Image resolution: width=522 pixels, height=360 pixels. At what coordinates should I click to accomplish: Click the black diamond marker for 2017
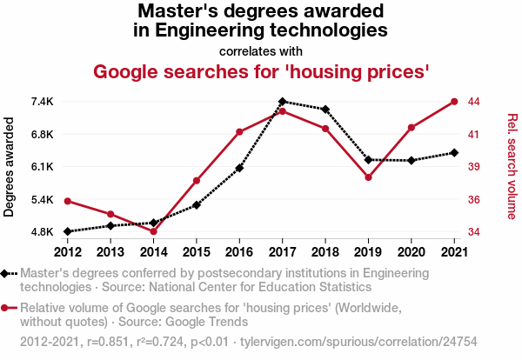pyautogui.click(x=283, y=102)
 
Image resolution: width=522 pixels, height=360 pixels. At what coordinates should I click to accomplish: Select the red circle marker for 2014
pyautogui.click(x=153, y=231)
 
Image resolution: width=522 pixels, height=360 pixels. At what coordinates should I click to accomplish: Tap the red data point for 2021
pyautogui.click(x=454, y=102)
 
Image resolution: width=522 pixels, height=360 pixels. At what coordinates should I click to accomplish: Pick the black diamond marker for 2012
pyautogui.click(x=67, y=231)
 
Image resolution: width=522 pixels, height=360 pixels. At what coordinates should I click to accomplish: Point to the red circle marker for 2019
pyautogui.click(x=368, y=177)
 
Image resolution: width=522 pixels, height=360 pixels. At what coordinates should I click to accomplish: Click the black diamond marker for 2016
pyautogui.click(x=239, y=168)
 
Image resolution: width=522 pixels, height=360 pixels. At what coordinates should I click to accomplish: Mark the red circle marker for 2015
pyautogui.click(x=197, y=181)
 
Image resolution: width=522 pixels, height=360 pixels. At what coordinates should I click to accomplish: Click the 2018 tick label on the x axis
pyautogui.click(x=325, y=252)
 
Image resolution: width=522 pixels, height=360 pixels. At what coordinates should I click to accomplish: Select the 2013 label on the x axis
pyautogui.click(x=110, y=252)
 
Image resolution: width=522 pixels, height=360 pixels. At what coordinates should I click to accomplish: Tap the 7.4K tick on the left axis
pyautogui.click(x=40, y=102)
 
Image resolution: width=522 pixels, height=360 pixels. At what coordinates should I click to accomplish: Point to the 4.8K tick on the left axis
pyautogui.click(x=40, y=232)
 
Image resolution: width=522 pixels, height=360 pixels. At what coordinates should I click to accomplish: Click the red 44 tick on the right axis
pyautogui.click(x=473, y=102)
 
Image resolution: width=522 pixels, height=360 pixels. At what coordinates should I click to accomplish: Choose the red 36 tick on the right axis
pyautogui.click(x=473, y=200)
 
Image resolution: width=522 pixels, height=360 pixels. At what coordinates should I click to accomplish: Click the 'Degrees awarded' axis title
pyautogui.click(x=10, y=167)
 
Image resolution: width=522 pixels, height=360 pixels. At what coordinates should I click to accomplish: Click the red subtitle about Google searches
pyautogui.click(x=261, y=70)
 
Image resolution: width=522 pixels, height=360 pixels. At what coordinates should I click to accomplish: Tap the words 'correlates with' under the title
pyautogui.click(x=261, y=50)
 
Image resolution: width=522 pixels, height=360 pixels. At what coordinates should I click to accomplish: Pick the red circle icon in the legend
pyautogui.click(x=6, y=308)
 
